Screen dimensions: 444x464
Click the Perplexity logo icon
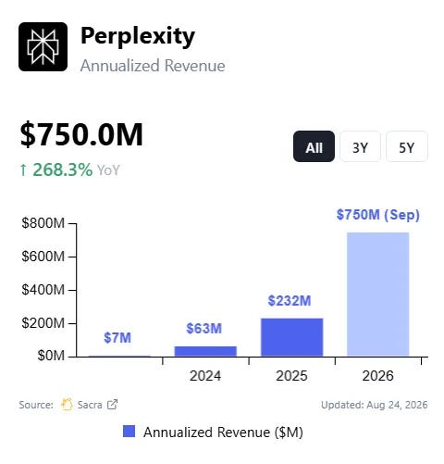click(43, 46)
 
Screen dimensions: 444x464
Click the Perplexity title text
click(138, 37)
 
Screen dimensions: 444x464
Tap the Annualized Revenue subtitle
click(153, 66)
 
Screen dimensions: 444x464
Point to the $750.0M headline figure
click(81, 134)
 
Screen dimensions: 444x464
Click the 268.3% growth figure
click(62, 169)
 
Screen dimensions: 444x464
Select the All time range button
click(314, 146)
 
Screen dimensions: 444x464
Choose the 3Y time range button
click(360, 146)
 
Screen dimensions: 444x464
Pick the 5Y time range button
click(407, 146)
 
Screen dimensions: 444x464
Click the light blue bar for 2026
click(378, 295)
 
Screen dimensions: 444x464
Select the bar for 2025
click(292, 337)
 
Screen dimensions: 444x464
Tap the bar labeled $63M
click(205, 351)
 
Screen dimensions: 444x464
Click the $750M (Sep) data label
click(378, 215)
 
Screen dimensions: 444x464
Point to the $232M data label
click(290, 301)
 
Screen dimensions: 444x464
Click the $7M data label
click(117, 338)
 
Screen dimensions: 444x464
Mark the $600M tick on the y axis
click(72, 257)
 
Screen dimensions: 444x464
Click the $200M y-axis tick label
click(43, 323)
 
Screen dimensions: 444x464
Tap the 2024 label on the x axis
click(205, 376)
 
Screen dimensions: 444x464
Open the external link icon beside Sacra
click(112, 405)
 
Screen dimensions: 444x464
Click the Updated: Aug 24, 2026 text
click(375, 405)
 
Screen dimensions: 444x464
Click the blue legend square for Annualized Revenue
click(129, 432)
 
